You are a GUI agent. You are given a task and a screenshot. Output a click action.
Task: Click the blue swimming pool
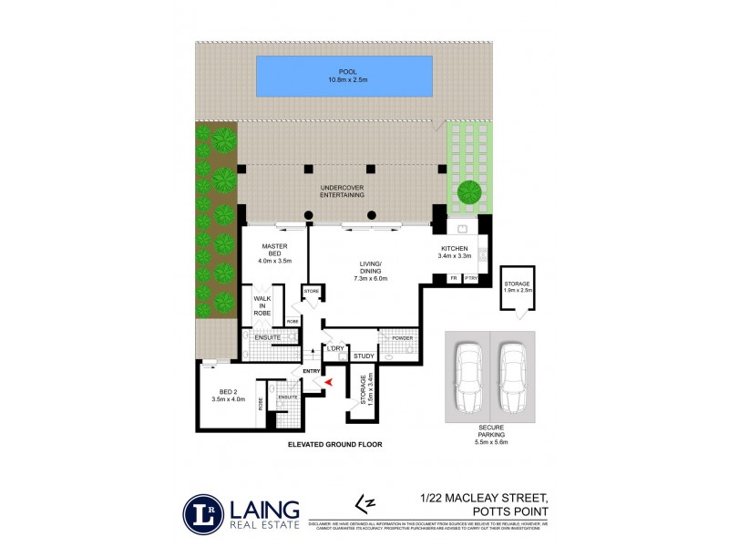344,76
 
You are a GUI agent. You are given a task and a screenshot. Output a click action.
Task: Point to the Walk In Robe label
262,305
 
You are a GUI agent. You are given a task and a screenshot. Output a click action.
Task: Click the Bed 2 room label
221,395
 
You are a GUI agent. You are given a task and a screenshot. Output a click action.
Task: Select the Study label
364,356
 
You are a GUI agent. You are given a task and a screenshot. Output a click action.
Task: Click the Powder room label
403,338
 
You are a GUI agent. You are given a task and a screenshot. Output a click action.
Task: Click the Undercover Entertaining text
343,191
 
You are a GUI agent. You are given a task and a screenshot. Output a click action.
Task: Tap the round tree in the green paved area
469,192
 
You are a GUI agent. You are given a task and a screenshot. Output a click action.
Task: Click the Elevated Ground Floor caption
334,445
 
